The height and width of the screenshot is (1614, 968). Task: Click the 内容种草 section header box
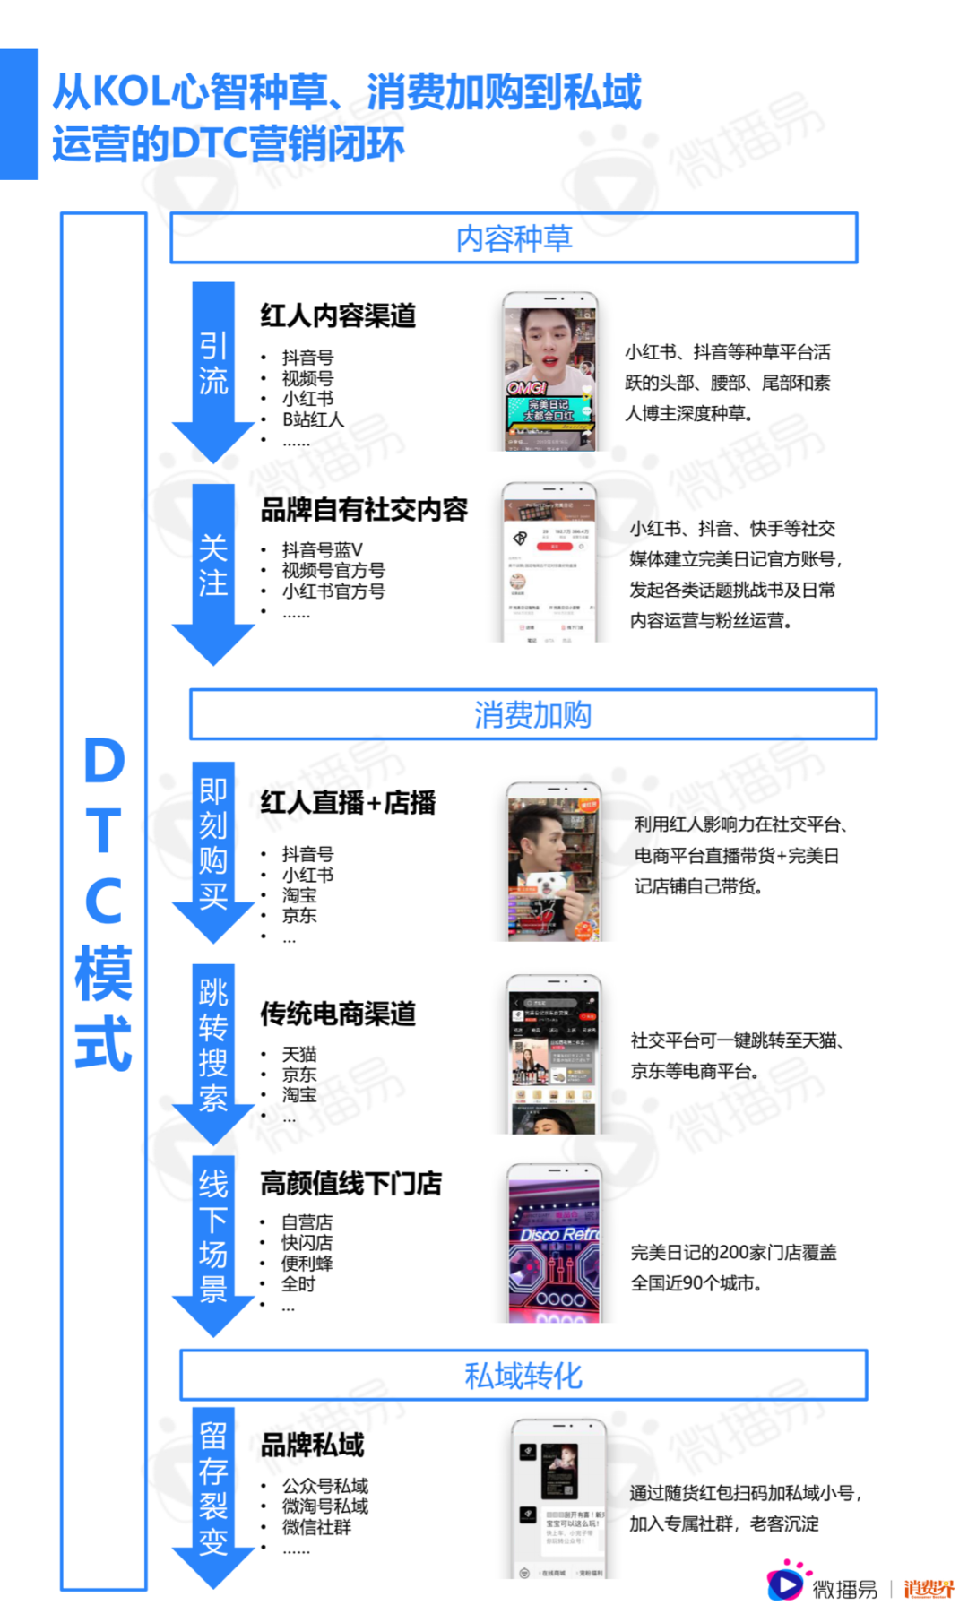click(x=514, y=238)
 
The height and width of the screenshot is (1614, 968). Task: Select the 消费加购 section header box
click(x=532, y=715)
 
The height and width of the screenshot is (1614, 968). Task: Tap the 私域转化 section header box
click(x=523, y=1376)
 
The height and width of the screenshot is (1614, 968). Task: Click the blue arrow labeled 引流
click(x=213, y=367)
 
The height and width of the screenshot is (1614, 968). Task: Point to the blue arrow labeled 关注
click(x=213, y=568)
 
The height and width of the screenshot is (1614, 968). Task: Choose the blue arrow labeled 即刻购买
click(x=213, y=847)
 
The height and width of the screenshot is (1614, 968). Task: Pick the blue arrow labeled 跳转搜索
click(x=213, y=1049)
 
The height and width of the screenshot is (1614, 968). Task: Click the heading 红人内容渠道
click(x=338, y=315)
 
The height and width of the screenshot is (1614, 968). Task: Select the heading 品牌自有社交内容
click(x=364, y=510)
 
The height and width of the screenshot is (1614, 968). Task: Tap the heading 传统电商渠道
click(x=338, y=1014)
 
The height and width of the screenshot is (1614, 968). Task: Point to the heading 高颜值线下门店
click(x=350, y=1184)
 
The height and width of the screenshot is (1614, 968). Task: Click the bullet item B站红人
click(x=313, y=419)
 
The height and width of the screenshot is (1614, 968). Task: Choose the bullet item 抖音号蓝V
click(x=322, y=549)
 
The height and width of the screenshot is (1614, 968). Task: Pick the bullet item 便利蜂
click(x=307, y=1264)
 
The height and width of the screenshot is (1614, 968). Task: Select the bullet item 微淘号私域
click(x=325, y=1506)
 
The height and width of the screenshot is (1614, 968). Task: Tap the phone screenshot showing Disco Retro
click(x=554, y=1246)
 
